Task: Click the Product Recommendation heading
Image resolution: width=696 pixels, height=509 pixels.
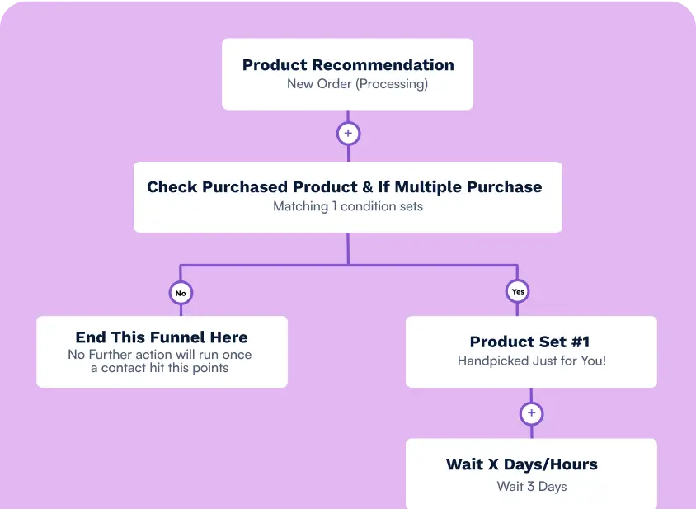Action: [348, 65]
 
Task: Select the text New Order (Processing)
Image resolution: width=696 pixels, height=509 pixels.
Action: [357, 84]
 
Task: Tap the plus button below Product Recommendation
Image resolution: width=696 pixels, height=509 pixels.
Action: [348, 133]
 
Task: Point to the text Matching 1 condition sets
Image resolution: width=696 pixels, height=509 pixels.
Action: [348, 206]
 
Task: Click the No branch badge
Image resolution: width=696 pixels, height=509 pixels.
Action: [180, 292]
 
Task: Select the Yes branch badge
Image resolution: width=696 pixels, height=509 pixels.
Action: [517, 292]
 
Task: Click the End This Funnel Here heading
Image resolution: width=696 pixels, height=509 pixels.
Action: [162, 337]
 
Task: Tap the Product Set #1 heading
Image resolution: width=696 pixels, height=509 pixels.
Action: [529, 342]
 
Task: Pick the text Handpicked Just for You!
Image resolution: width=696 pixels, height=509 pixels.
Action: [532, 361]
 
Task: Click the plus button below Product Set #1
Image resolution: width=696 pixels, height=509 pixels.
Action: [531, 413]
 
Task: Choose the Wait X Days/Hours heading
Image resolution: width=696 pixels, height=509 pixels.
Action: [522, 464]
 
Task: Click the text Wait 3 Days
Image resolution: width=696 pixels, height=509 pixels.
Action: [532, 486]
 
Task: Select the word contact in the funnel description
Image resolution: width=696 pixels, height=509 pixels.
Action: [124, 368]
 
